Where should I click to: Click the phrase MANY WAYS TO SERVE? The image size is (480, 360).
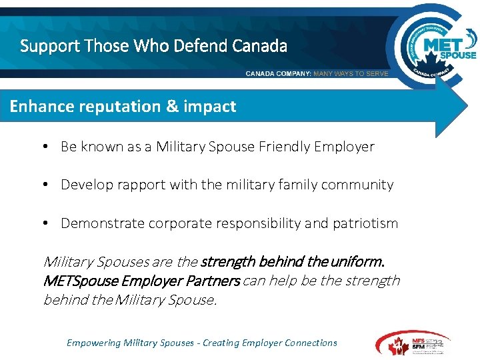click(351, 73)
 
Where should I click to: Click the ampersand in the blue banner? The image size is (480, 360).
click(169, 107)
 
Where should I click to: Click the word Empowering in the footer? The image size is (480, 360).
click(93, 343)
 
